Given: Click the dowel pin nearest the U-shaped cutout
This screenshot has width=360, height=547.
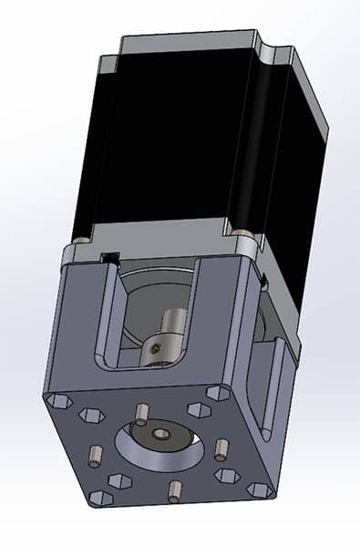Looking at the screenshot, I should click(x=141, y=413).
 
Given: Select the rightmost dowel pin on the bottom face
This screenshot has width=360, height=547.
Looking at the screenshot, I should click(x=221, y=449).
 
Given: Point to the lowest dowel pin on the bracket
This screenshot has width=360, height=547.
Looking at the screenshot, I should click(x=174, y=490).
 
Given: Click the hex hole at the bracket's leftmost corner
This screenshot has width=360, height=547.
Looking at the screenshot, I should click(x=58, y=400).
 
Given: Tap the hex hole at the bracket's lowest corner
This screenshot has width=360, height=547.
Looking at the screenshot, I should click(x=100, y=498).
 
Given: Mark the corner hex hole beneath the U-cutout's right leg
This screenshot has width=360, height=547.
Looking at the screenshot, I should click(x=218, y=393).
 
